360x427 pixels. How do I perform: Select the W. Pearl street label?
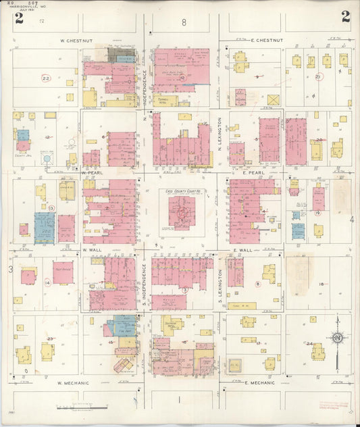point(91,172)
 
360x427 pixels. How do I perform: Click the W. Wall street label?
point(91,250)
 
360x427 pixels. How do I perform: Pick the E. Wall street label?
point(242,250)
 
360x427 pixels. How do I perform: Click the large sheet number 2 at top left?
point(19,18)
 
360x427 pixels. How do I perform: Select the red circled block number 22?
point(45,79)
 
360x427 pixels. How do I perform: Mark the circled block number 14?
point(47,283)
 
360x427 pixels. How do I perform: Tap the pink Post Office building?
point(63,272)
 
